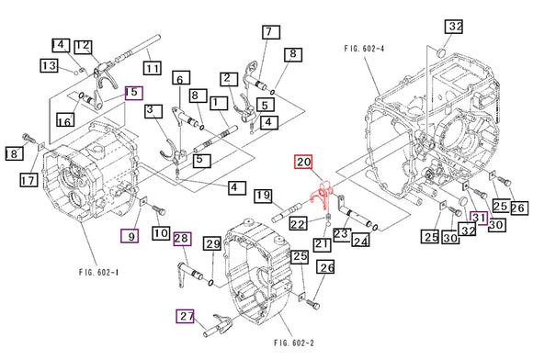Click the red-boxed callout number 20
click(x=304, y=163)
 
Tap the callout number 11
click(x=152, y=68)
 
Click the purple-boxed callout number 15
click(x=133, y=92)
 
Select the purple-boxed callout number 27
click(x=187, y=317)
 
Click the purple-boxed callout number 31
click(x=480, y=217)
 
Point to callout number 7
click(x=270, y=32)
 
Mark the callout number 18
click(x=14, y=153)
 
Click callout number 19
click(x=263, y=195)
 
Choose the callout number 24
click(x=361, y=242)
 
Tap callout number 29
click(x=212, y=243)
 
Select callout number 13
click(x=50, y=65)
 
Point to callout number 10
click(x=161, y=235)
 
